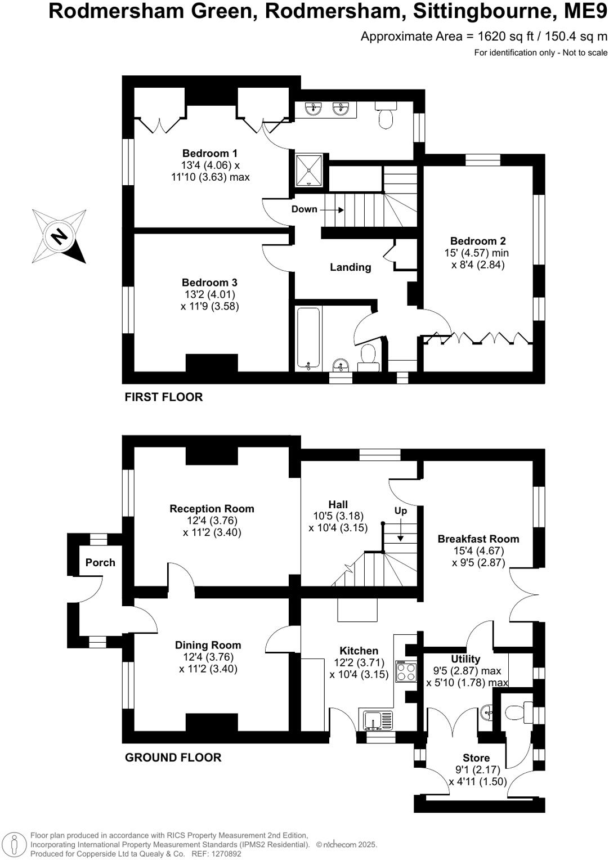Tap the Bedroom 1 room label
point(210,153)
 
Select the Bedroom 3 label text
point(209,283)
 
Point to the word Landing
point(350,267)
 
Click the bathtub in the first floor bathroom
point(308,338)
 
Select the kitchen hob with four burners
point(406,671)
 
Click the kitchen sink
point(378,720)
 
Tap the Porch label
point(100,562)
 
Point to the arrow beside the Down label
point(334,209)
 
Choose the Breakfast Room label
point(478,539)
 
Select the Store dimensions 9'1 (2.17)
point(477,769)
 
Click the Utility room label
point(465,659)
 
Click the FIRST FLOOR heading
point(163,397)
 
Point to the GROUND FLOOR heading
point(173,758)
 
